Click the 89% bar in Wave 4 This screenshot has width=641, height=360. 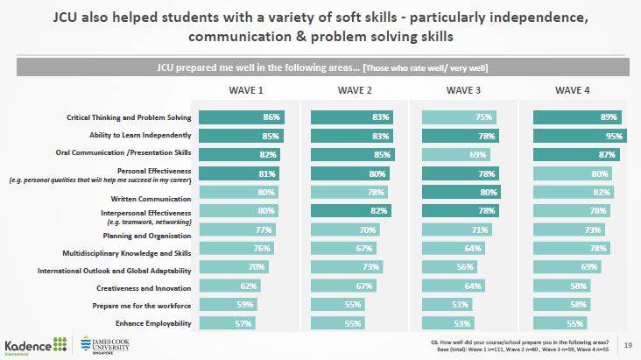click(x=578, y=117)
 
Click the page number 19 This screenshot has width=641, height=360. click(x=627, y=342)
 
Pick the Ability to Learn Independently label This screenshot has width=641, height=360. click(x=141, y=136)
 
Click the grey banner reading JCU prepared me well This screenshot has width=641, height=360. click(x=321, y=67)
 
